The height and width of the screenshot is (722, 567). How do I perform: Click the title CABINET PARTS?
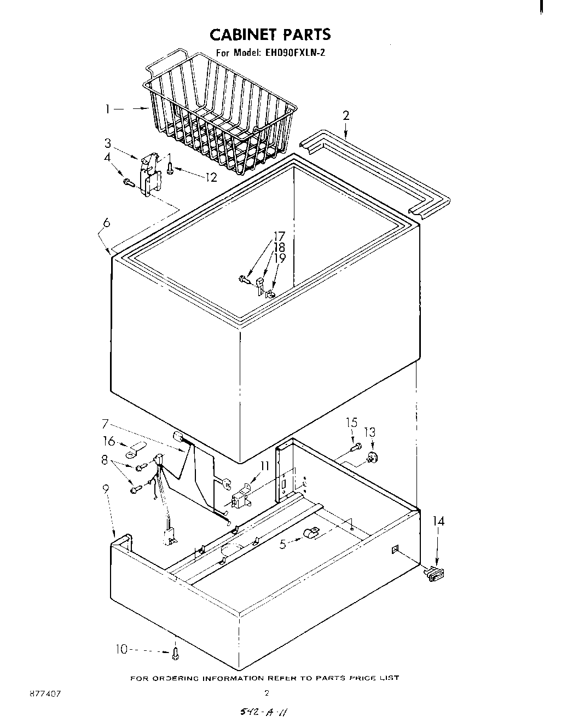[x=270, y=34]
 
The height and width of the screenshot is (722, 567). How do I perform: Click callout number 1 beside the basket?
[x=109, y=109]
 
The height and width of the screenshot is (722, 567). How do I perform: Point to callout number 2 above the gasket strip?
[x=346, y=115]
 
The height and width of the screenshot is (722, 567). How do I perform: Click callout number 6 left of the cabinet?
[x=106, y=222]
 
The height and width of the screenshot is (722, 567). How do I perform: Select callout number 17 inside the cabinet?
[x=279, y=236]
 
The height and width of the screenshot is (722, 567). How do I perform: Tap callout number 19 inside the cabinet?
[x=279, y=258]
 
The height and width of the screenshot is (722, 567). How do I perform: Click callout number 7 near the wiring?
[x=106, y=423]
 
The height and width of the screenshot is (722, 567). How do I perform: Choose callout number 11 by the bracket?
[x=265, y=466]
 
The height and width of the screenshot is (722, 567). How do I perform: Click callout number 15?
[x=351, y=422]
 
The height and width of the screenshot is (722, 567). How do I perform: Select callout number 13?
[x=370, y=432]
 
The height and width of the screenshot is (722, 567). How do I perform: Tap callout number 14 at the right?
[x=438, y=521]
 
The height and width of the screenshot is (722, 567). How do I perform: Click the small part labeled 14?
[x=435, y=573]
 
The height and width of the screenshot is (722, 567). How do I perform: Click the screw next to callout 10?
[x=175, y=652]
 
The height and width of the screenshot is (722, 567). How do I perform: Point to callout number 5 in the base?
[x=283, y=544]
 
